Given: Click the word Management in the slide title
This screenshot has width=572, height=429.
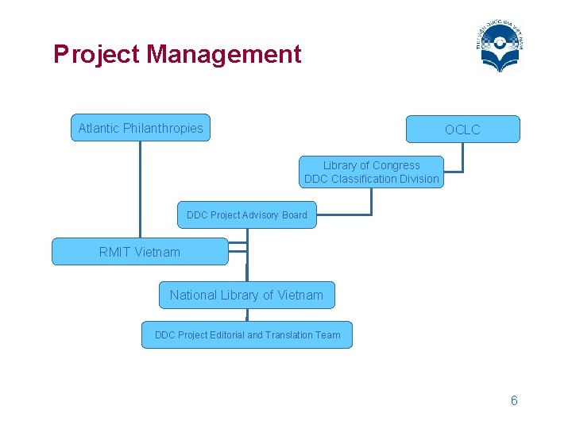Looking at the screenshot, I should pyautogui.click(x=224, y=55).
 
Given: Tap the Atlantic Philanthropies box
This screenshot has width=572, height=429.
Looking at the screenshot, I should pyautogui.click(x=141, y=128).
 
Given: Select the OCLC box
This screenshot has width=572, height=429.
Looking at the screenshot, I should pyautogui.click(x=462, y=129).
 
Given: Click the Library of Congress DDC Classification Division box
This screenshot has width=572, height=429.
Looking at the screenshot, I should pyautogui.click(x=371, y=172).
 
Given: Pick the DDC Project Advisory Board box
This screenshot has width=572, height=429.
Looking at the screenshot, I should pyautogui.click(x=246, y=215).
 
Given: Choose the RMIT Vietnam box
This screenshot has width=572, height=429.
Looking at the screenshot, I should pyautogui.click(x=140, y=252).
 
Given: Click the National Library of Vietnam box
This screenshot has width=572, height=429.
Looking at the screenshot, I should pyautogui.click(x=246, y=295).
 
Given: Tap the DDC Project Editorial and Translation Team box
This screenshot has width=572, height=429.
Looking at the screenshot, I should pyautogui.click(x=247, y=335).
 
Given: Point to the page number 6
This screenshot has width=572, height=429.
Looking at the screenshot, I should pyautogui.click(x=514, y=400).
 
